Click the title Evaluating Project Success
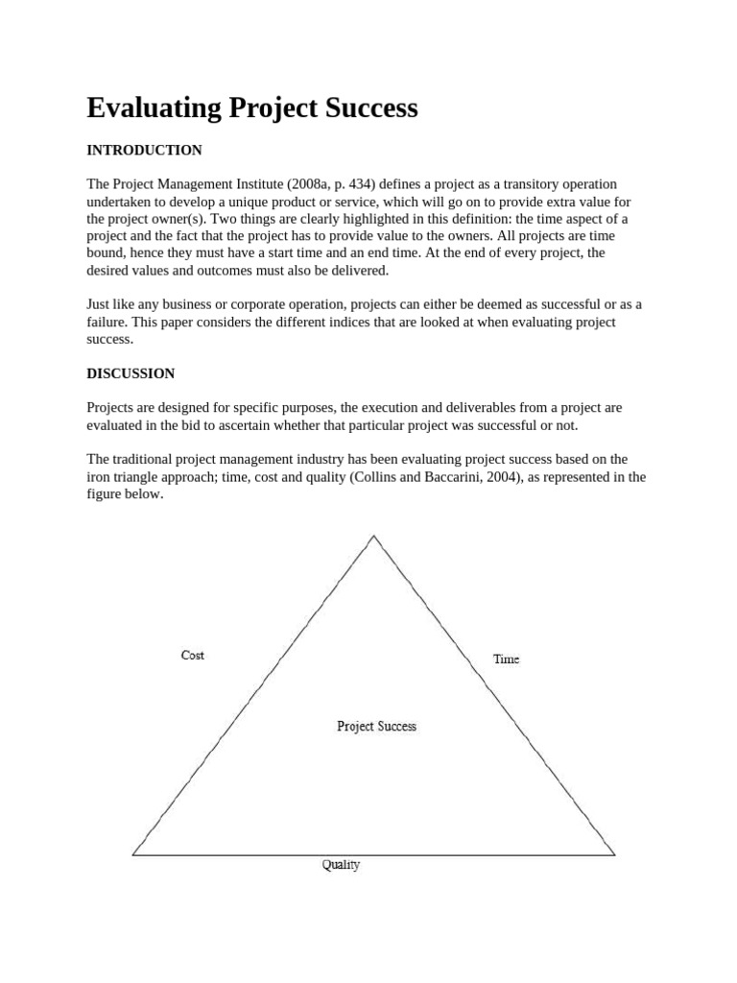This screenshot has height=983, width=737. pyautogui.click(x=252, y=108)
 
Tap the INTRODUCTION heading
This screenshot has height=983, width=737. pyautogui.click(x=144, y=151)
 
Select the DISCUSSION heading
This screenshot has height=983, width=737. pyautogui.click(x=131, y=373)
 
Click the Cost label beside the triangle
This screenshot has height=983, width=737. pyautogui.click(x=193, y=656)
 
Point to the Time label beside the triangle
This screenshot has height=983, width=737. pyautogui.click(x=506, y=659)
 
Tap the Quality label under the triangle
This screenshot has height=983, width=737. pyautogui.click(x=341, y=865)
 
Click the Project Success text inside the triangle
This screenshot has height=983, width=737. pyautogui.click(x=376, y=727)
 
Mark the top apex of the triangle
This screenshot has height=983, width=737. pyautogui.click(x=373, y=536)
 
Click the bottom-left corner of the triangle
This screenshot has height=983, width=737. pyautogui.click(x=132, y=854)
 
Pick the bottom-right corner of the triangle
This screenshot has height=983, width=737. pyautogui.click(x=614, y=854)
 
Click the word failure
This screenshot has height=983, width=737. pyautogui.click(x=108, y=323)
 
